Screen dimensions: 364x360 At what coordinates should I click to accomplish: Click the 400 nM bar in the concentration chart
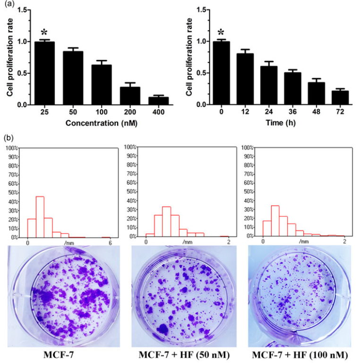coord(158,100)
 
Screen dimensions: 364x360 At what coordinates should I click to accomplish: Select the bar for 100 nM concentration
coord(102,85)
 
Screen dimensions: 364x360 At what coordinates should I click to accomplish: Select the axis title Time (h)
coord(281,124)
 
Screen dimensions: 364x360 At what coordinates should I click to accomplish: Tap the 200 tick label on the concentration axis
coord(130,113)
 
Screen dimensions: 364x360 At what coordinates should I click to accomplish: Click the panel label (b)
coord(8,138)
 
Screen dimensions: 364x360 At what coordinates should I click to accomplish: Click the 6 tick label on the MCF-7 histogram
coord(110,243)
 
